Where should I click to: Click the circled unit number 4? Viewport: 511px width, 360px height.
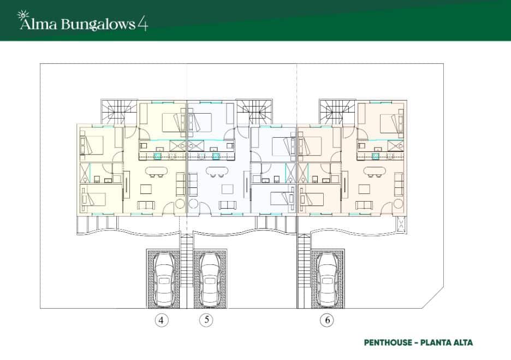(161, 321)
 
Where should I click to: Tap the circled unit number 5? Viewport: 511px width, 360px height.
(206, 320)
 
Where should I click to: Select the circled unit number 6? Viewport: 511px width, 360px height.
(327, 321)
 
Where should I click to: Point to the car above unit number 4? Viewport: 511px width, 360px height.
(164, 279)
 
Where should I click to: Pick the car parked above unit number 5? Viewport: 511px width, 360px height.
(210, 279)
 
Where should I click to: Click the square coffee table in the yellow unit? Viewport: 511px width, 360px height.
(146, 190)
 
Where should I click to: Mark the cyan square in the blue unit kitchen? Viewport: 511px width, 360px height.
(216, 156)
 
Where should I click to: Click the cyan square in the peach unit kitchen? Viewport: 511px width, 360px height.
(375, 156)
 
